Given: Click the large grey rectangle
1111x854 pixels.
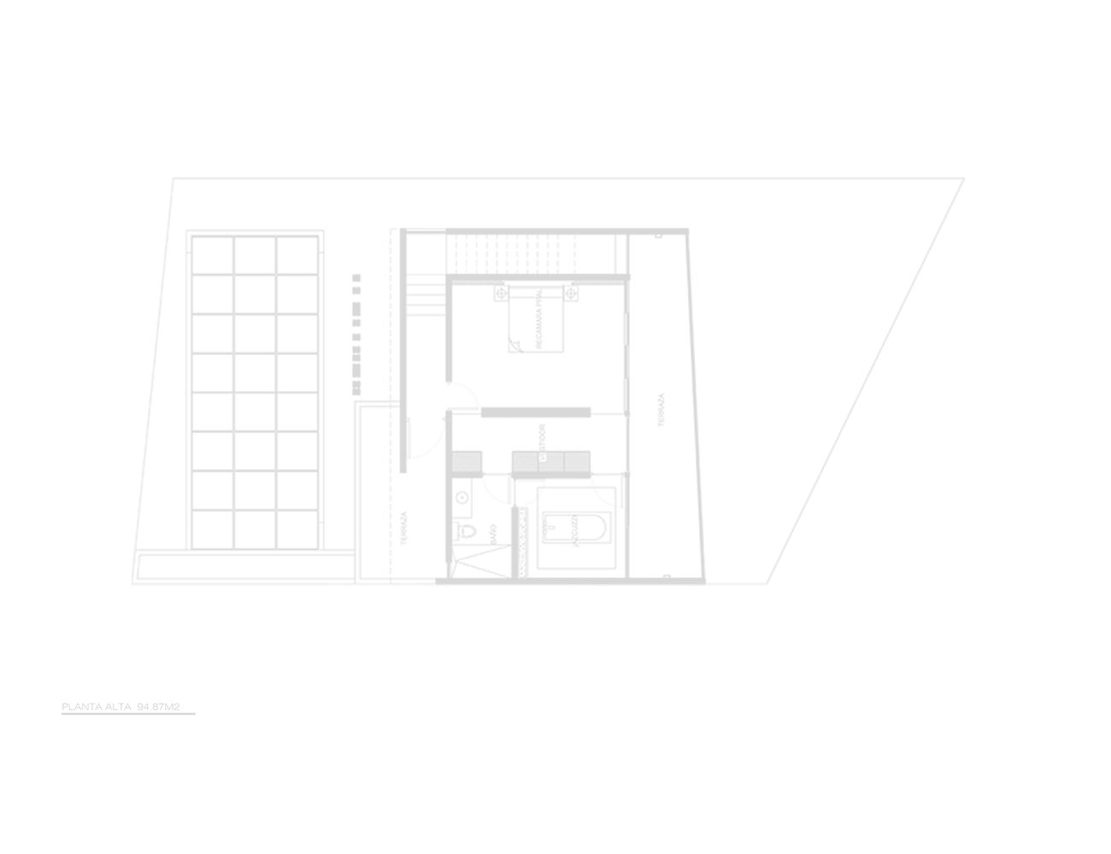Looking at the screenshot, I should [x=548, y=381].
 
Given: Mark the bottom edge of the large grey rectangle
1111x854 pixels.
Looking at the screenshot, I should [x=548, y=585].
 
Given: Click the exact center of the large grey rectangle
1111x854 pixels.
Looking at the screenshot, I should [x=548, y=381].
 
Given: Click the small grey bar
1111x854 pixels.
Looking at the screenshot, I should [x=128, y=709].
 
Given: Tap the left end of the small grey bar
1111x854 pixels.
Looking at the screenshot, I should [x=62, y=709].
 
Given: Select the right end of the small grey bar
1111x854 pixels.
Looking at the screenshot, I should [x=195, y=709].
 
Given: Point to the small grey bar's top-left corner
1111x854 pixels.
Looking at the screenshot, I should [x=62, y=703].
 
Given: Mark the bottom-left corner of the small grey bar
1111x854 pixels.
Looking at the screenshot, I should [x=62, y=715].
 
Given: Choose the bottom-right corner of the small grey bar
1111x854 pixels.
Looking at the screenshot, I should [x=195, y=715].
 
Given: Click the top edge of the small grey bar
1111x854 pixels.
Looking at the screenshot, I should [x=128, y=703].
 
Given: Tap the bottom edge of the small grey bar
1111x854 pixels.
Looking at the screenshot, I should [x=128, y=715].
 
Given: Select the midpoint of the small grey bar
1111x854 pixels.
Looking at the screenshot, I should [x=128, y=709].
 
